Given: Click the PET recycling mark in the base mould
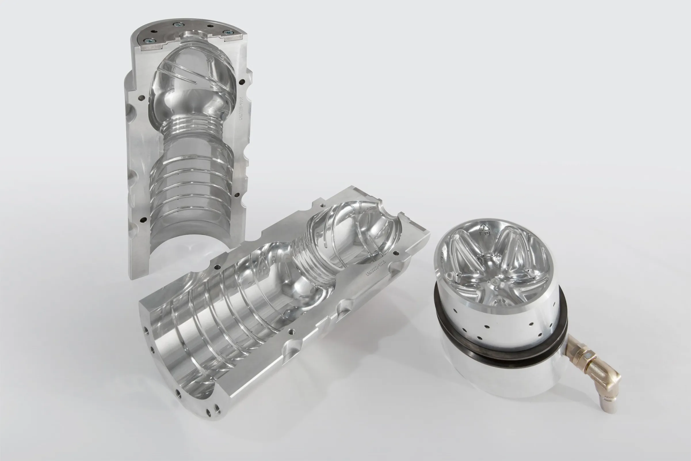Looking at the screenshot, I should [484, 230].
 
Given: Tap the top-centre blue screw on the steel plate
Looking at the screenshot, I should [177, 25].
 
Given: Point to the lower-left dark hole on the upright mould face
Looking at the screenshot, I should [143, 219].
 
